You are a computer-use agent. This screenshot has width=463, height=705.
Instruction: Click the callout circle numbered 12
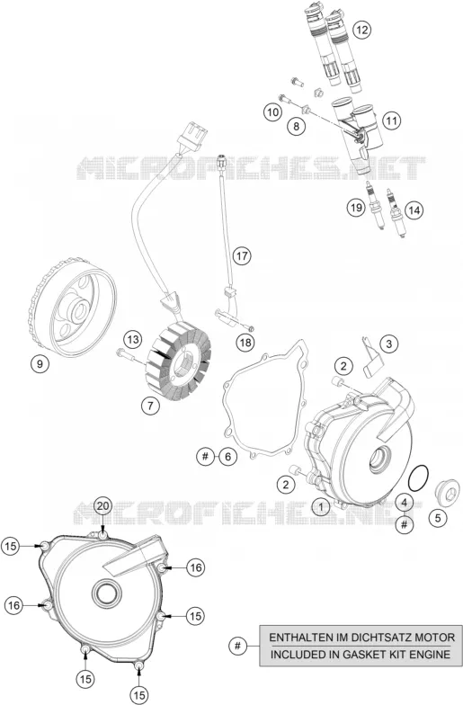(x=361, y=31)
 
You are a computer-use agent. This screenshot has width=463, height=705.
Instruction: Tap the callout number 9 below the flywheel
(x=40, y=363)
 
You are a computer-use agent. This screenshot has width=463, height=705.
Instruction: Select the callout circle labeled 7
(x=150, y=406)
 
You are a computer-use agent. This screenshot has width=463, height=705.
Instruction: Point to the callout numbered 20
(x=102, y=506)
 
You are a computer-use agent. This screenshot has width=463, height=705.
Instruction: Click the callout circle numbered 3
(x=388, y=344)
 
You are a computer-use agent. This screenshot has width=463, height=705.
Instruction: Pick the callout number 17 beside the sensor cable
(x=242, y=256)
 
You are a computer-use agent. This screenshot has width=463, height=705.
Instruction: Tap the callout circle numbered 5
(x=438, y=518)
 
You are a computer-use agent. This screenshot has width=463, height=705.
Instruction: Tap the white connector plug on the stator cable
(x=194, y=133)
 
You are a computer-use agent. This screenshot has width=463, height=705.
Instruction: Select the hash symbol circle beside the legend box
(x=237, y=646)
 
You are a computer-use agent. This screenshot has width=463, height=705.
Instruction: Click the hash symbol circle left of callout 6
(x=205, y=457)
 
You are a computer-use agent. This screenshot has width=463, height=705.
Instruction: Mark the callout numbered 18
(x=245, y=343)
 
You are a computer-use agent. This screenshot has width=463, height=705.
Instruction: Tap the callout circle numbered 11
(x=392, y=120)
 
